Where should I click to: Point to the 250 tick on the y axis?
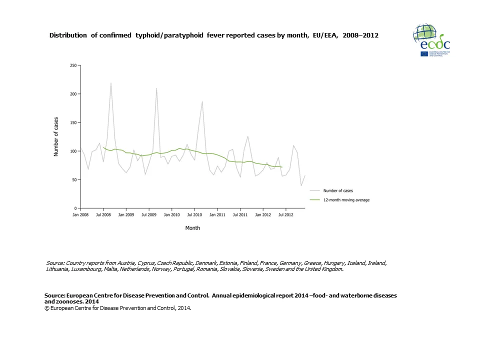tap(73, 65)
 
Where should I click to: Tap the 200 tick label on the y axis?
tap(73, 94)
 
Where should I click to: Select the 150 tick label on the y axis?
tap(73, 122)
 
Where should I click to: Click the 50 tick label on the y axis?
tap(74, 179)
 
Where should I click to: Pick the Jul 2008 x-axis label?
tap(103, 215)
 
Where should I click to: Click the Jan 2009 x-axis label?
tap(126, 215)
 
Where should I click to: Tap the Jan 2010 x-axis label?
tap(171, 215)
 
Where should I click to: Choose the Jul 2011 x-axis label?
tap(240, 215)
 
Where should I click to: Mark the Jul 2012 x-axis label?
tap(285, 215)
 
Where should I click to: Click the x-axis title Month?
tap(192, 228)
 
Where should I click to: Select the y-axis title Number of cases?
tap(56, 136)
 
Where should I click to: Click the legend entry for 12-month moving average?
tap(346, 200)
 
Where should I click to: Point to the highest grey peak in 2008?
tap(111, 83)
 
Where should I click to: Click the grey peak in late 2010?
tap(202, 101)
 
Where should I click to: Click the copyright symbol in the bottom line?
tap(46, 308)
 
